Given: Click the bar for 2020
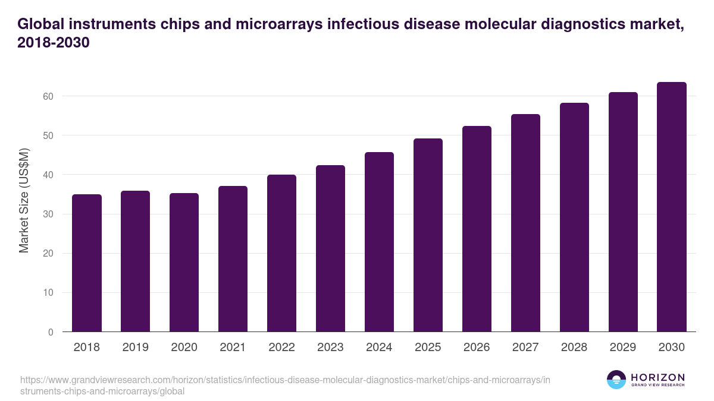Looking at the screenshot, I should click(x=184, y=263).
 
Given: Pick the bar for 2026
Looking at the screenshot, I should click(x=477, y=229).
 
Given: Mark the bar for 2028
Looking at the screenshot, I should click(x=574, y=217).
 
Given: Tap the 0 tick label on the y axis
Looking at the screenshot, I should click(x=51, y=332).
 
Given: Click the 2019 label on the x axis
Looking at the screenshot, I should click(x=136, y=348).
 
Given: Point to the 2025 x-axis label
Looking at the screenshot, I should click(x=428, y=348).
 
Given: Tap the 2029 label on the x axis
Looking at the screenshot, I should click(x=623, y=348).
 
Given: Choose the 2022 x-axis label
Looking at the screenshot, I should click(x=281, y=348).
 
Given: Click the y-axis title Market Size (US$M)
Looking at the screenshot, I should click(x=24, y=200).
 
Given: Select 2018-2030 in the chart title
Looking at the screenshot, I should click(x=54, y=43).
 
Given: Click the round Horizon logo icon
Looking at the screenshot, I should click(x=616, y=380).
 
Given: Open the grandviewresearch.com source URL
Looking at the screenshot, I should click(x=286, y=386).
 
